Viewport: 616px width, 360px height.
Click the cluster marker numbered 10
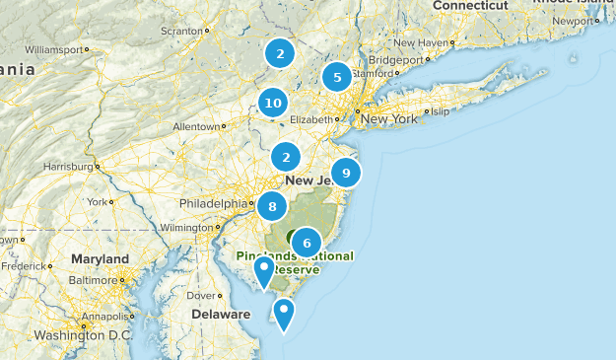273,102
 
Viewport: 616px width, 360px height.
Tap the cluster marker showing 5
337,77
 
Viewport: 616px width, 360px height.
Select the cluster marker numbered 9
345,173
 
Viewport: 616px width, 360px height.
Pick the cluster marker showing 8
272,207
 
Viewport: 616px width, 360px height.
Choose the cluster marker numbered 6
307,243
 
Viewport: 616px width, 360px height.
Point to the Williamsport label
53,48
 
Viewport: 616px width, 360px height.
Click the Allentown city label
197,126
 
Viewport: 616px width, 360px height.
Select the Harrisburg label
65,166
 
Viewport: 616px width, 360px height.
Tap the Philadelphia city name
212,204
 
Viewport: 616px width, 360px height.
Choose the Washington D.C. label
83,335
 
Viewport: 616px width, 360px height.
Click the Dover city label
201,295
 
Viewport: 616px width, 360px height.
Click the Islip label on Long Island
440,111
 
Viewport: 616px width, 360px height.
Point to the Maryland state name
100,258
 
